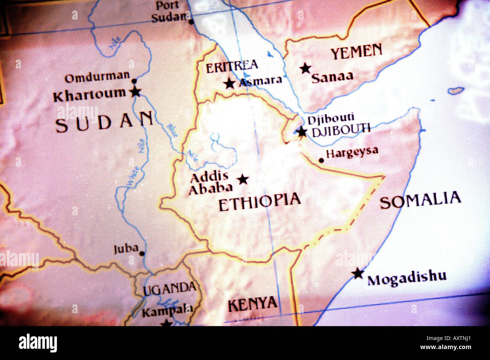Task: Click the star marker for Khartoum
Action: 135,92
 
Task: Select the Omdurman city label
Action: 97,78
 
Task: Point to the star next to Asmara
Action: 229,83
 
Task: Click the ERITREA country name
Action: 232,67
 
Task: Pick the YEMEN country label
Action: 356,52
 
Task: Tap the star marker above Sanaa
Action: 306,69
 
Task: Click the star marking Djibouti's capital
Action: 302,132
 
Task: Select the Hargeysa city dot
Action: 321,160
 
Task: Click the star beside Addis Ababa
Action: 243,180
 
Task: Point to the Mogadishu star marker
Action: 358,274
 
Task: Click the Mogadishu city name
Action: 407,278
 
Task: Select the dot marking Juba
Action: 142,253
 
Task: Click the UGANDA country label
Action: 170,289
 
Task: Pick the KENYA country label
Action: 253,304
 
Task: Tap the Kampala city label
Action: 167,311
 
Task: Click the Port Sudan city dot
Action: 191,21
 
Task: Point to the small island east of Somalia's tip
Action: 456,91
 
